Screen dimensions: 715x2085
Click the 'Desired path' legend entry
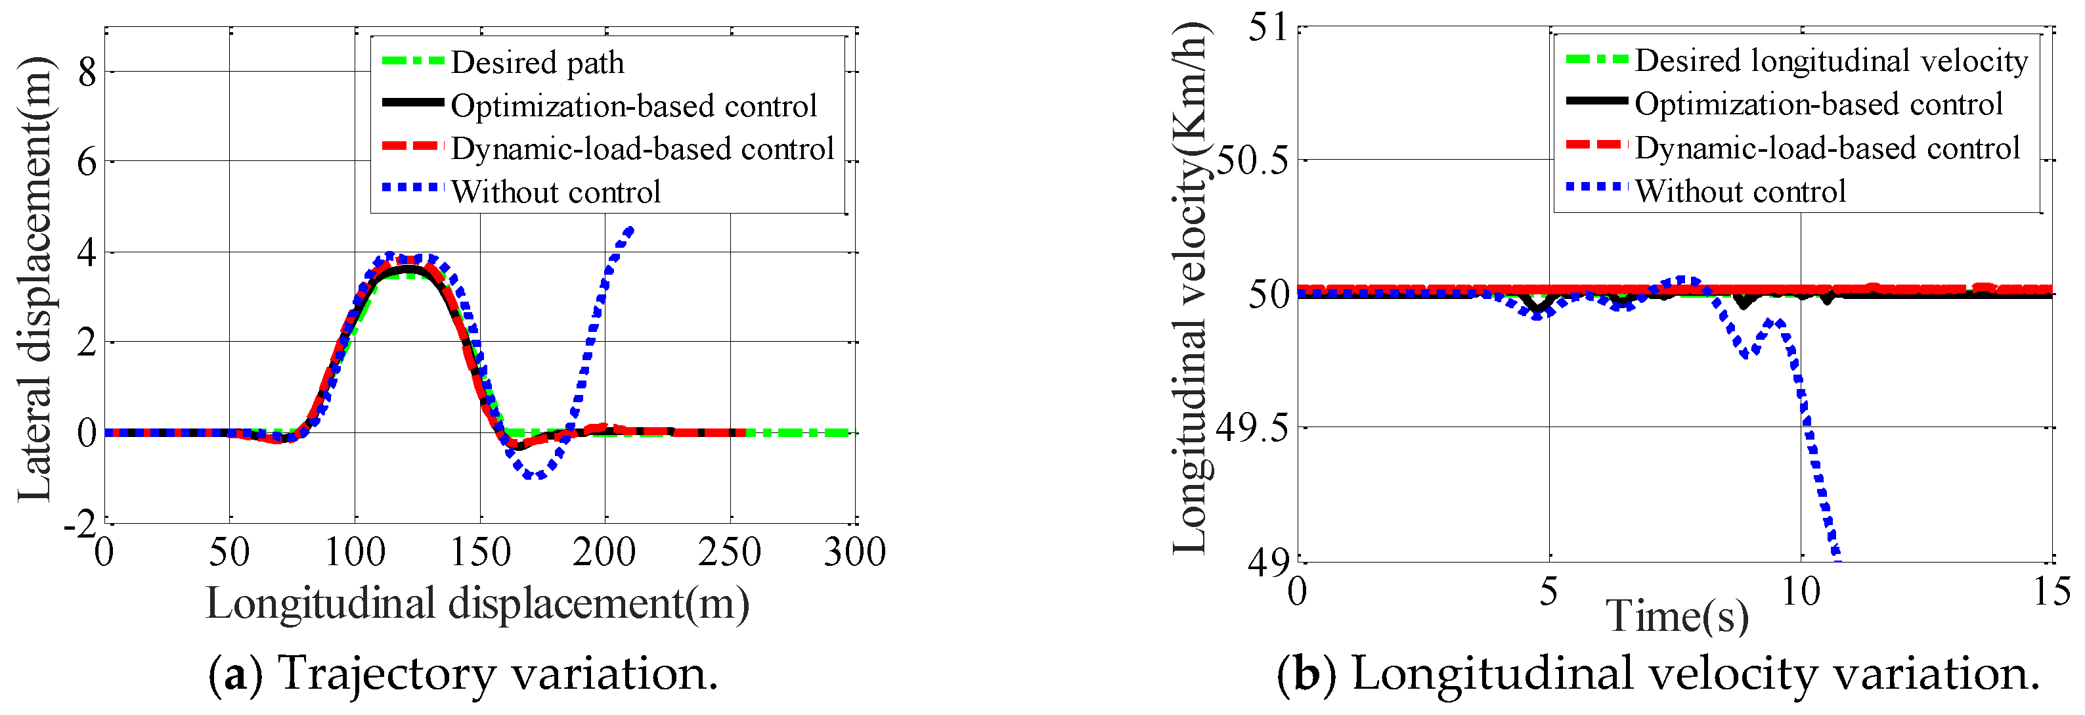click(537, 63)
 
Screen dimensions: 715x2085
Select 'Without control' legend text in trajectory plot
click(556, 193)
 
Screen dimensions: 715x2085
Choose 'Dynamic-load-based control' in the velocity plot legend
click(1827, 148)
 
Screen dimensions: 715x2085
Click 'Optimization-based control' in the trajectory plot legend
click(633, 106)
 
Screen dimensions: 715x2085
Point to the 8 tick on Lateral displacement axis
click(87, 73)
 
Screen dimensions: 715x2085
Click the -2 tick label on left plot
click(80, 526)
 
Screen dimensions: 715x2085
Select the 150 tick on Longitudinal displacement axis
click(480, 552)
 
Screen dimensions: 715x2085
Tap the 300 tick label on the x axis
click(855, 552)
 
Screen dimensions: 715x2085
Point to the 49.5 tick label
click(1252, 428)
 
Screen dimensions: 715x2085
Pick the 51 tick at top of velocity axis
click(1267, 28)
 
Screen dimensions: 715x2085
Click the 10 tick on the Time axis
click(1801, 592)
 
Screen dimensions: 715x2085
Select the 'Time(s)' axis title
click(1677, 616)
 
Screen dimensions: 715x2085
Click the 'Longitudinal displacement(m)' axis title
click(477, 604)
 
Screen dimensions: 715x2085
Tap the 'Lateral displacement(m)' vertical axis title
click(36, 279)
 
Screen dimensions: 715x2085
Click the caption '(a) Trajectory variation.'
click(463, 673)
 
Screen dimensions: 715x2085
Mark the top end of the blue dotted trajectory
click(630, 230)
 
